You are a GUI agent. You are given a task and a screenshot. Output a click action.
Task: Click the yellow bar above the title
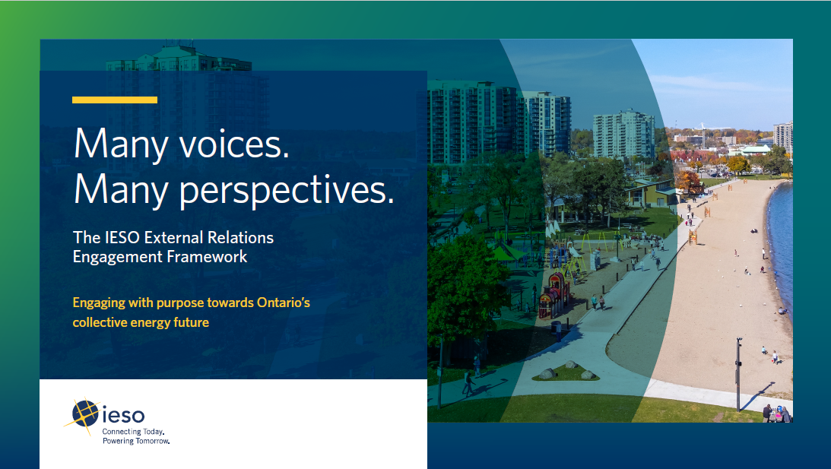[x=114, y=100]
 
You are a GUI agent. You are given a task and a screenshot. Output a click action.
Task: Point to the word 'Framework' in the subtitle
[x=212, y=257]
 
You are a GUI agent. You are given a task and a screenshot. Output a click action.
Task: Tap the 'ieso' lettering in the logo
[x=123, y=415]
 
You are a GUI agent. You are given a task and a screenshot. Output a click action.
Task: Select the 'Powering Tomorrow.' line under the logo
[x=135, y=440]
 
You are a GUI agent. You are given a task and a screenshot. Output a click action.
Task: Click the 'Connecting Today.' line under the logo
[x=133, y=431]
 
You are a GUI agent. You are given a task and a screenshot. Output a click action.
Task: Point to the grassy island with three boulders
[x=566, y=372]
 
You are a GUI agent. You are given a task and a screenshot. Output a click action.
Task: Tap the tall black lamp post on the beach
[x=737, y=372]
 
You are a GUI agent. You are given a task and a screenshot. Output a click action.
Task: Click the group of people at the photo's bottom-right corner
[x=776, y=413]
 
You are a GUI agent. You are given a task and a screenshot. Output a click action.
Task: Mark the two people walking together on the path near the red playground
[x=598, y=302]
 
